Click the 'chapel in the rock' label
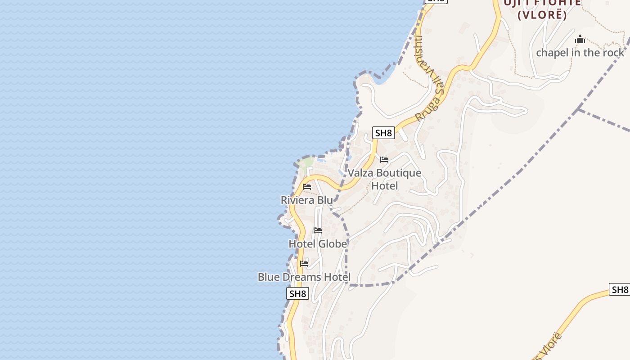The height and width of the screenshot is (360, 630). pos(580,53)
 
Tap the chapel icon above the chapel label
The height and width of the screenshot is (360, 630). pos(580,40)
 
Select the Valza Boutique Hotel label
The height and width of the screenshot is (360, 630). pos(384,179)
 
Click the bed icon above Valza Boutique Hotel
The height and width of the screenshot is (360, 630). pos(384,160)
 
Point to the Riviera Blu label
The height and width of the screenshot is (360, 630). pos(307,200)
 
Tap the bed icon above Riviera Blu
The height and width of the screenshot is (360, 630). pos(307,187)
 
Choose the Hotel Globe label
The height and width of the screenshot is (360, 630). pos(318,244)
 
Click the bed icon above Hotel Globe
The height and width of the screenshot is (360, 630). pos(318,230)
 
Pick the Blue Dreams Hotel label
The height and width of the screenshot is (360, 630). pos(304,277)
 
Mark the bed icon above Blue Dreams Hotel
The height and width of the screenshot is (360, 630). pos(304,264)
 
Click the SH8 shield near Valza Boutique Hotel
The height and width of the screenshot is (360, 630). pos(384,133)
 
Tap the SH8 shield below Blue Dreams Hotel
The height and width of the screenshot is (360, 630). pos(297,294)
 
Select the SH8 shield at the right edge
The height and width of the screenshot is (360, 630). pos(619,289)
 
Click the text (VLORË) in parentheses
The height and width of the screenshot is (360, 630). pos(542,15)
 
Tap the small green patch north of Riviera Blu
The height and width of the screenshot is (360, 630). pos(307,162)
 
